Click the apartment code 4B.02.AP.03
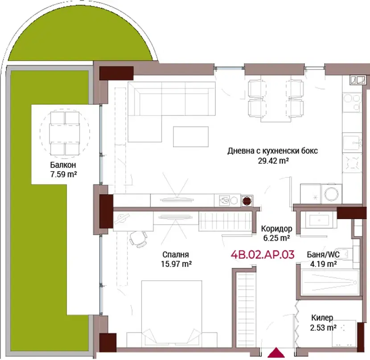(263, 254)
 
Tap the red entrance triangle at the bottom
(276, 353)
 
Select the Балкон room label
(63, 165)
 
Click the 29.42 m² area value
(273, 161)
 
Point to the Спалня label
(176, 254)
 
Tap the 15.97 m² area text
(176, 264)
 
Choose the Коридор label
(276, 229)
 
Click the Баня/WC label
(323, 254)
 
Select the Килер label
(322, 318)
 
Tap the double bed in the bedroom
(172, 314)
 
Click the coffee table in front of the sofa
(191, 137)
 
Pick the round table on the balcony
(65, 134)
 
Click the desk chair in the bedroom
(138, 239)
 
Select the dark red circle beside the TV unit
(247, 201)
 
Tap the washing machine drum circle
(332, 194)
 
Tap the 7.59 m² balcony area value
(63, 174)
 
